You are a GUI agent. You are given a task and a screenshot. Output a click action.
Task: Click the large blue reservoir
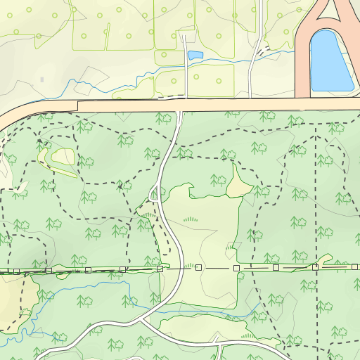pos(330,61)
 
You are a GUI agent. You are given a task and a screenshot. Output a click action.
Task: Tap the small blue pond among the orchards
pos(195,55)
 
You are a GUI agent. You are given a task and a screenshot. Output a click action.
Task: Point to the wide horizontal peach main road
pos(211,104)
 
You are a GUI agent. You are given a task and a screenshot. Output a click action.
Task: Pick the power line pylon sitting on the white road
pos(160,269)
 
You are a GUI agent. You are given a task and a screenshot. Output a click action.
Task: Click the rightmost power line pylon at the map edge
pos(354,267)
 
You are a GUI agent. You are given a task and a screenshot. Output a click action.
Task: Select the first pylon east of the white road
pos(199,268)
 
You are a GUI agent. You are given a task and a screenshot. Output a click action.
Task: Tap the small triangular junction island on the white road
pos(154,194)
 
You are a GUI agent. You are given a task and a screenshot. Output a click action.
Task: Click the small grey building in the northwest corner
pos(42,79)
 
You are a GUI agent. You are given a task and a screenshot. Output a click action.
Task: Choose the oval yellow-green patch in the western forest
pos(63,156)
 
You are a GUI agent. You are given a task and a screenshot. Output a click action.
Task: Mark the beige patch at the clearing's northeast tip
pos(239,181)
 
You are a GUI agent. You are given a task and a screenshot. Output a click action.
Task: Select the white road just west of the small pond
pos(186,63)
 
